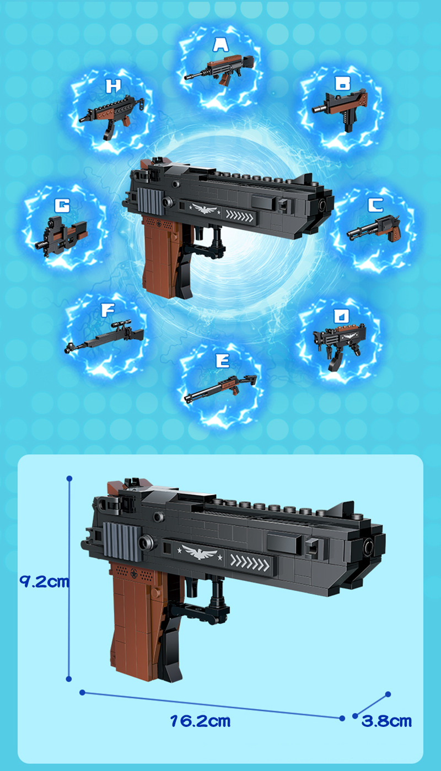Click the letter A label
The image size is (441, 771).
click(220, 45)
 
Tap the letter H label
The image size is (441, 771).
click(113, 86)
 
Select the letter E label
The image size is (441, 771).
click(222, 361)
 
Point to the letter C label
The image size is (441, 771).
click(375, 206)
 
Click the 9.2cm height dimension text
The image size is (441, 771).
click(44, 581)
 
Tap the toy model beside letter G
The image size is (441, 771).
click(62, 234)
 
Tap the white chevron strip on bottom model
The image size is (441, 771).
click(250, 562)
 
